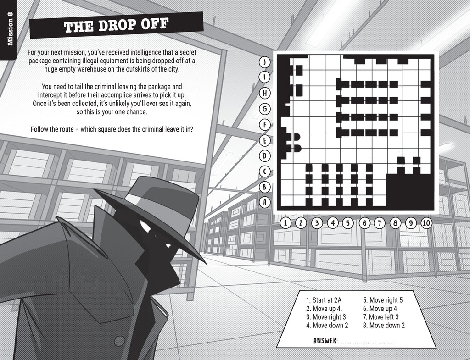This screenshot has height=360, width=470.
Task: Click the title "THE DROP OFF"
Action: point(116,26)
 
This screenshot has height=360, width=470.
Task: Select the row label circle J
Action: point(265,62)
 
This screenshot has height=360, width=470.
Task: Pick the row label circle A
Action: point(265,202)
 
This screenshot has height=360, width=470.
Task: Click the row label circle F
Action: point(265,124)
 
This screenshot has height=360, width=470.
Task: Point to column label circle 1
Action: point(285,223)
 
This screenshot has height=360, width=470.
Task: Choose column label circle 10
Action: point(426,223)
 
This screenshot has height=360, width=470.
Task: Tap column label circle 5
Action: point(348,223)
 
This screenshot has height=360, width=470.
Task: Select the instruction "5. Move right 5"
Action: point(383,300)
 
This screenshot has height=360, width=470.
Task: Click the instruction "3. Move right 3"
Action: point(326,317)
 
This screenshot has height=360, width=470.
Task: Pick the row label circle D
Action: point(265,155)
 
